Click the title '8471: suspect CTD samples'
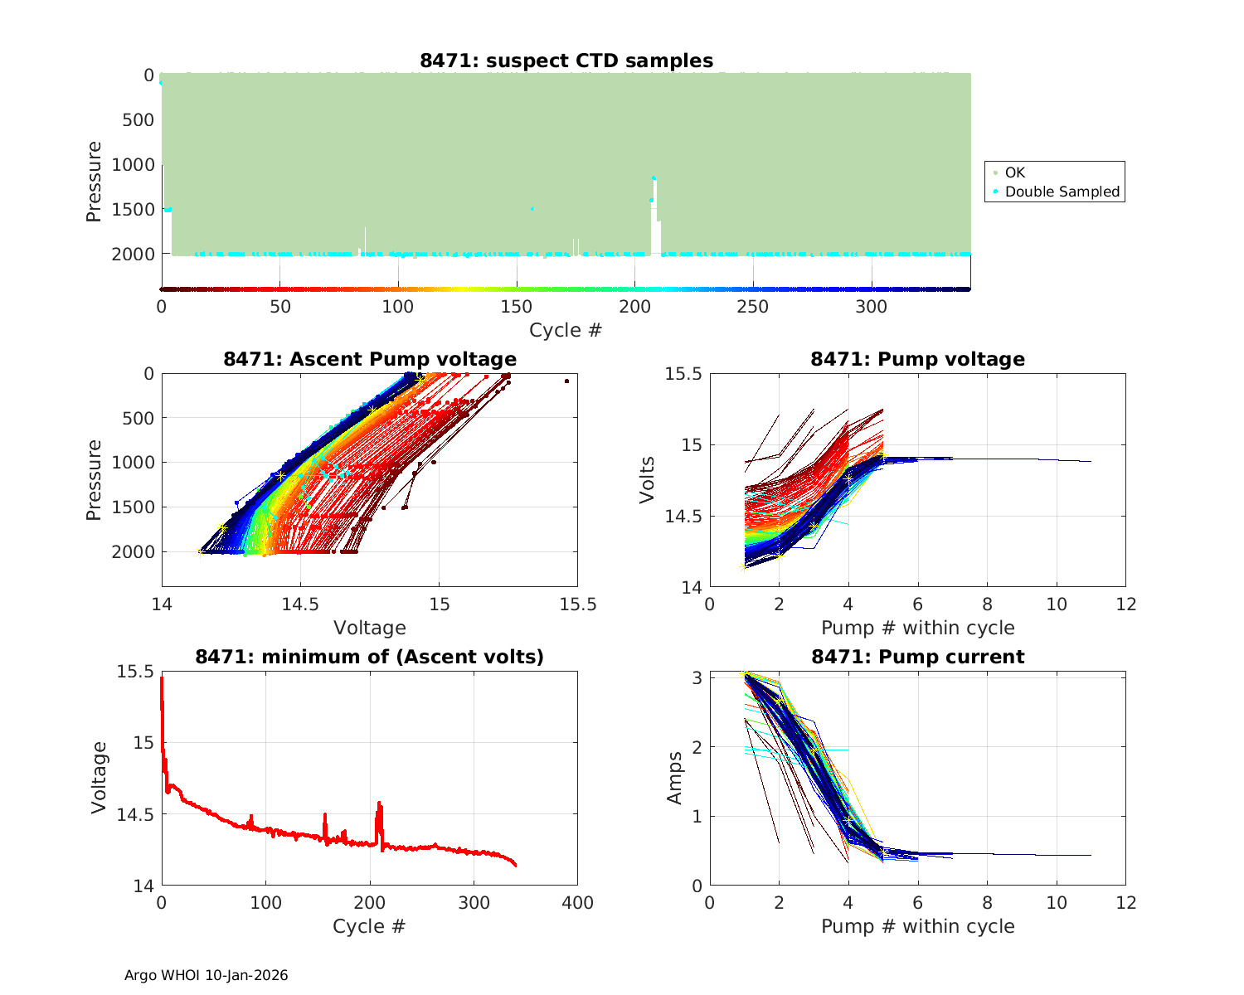566,61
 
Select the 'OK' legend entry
1014,172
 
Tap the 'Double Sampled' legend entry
1062,192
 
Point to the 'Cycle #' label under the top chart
566,330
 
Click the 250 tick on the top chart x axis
753,307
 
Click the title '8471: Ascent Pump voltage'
370,359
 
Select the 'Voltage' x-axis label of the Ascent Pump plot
370,628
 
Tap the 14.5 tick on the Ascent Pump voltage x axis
301,604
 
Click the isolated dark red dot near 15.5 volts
566,381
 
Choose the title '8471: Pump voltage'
917,359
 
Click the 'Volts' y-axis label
647,480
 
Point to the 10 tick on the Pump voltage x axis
1057,604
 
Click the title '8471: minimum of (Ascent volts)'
370,657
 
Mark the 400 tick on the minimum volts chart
577,902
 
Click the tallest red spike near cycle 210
379,803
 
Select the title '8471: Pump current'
917,657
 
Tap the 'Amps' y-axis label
675,778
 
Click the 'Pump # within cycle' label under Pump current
917,926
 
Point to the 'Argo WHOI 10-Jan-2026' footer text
207,975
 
